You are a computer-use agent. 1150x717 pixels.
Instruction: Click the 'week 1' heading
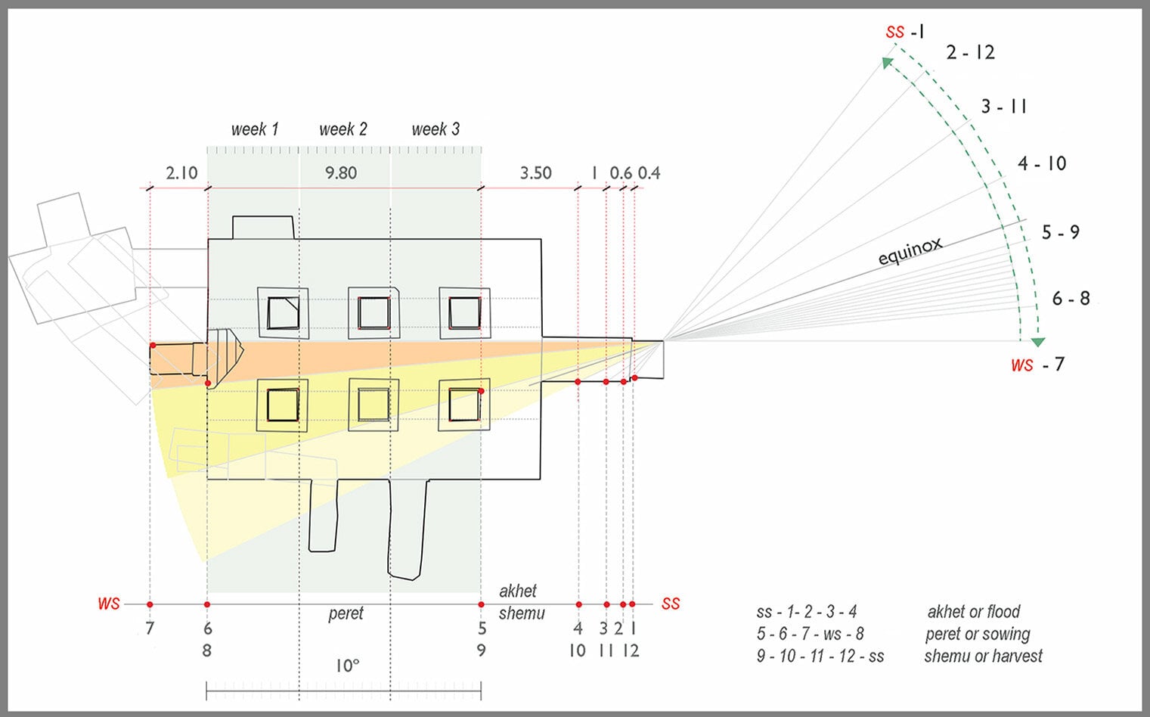(x=255, y=129)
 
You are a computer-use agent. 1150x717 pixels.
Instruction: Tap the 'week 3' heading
(x=436, y=129)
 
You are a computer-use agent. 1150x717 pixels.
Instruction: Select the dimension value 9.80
(x=341, y=173)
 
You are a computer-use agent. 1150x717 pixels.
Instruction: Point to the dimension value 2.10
(x=181, y=173)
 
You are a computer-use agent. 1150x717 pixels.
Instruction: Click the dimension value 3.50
(x=535, y=173)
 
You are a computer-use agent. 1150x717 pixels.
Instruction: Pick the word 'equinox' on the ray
(x=910, y=251)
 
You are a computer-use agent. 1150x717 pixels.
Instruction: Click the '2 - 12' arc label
(x=970, y=53)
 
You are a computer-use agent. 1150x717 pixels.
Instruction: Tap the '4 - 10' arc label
(x=1041, y=163)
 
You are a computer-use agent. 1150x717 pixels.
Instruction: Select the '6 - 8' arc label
(x=1071, y=299)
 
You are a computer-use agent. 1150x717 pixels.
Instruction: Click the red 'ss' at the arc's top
(x=894, y=32)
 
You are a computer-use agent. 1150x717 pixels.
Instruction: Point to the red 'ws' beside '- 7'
(x=1021, y=365)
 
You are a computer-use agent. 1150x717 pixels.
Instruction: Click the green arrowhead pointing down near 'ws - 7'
(x=1038, y=342)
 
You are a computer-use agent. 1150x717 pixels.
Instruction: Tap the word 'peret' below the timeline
(x=346, y=613)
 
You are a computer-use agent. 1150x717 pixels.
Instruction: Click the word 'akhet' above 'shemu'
(x=518, y=591)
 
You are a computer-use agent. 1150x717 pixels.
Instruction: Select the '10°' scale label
(x=347, y=666)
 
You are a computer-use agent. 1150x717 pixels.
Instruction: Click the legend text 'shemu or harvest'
(x=983, y=656)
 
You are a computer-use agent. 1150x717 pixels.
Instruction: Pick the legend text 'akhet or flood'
(x=974, y=612)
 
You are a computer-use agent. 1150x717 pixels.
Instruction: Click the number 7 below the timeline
(x=150, y=629)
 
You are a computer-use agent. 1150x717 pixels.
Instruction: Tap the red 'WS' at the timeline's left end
(x=108, y=604)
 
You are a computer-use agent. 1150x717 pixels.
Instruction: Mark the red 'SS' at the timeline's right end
(x=671, y=604)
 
